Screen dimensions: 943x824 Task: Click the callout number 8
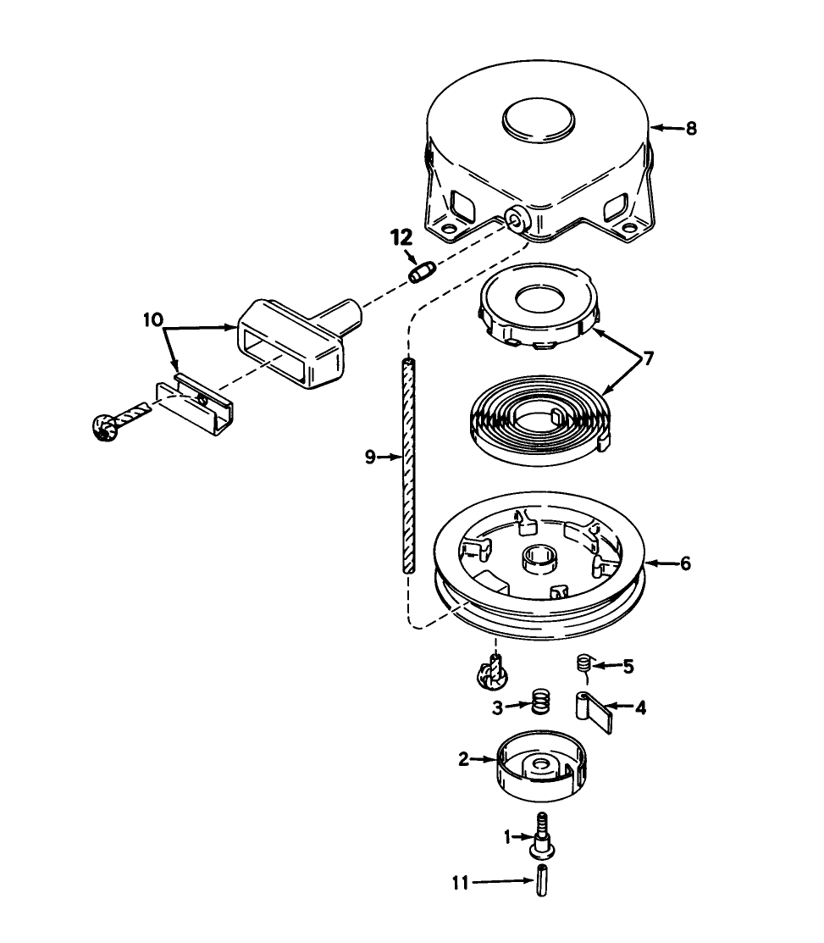pyautogui.click(x=691, y=129)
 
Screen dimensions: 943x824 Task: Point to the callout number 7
pyautogui.click(x=648, y=358)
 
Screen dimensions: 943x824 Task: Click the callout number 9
pyautogui.click(x=370, y=457)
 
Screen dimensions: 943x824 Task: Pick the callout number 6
pyautogui.click(x=685, y=563)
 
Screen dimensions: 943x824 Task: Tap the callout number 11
pyautogui.click(x=460, y=882)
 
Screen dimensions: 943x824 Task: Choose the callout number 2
pyautogui.click(x=463, y=759)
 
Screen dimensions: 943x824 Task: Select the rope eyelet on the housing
pyautogui.click(x=514, y=219)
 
